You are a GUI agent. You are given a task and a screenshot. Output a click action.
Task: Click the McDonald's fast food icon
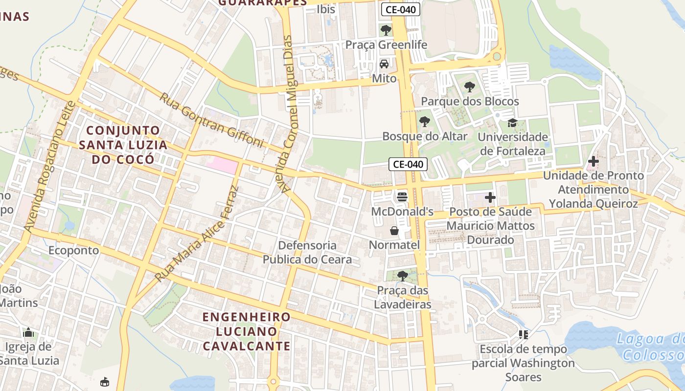(x=402, y=196)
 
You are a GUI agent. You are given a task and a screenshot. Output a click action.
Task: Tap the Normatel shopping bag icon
(x=394, y=230)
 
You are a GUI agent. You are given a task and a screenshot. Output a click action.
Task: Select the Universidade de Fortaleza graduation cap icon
(x=512, y=122)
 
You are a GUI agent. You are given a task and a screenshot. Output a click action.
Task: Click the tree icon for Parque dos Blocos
(x=469, y=87)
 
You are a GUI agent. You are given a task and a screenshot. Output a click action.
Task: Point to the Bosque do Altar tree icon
(x=425, y=122)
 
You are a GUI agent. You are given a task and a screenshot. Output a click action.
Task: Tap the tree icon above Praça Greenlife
(x=386, y=30)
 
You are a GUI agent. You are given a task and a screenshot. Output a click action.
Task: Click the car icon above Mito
(x=384, y=64)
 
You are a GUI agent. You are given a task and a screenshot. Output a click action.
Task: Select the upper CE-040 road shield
(x=401, y=9)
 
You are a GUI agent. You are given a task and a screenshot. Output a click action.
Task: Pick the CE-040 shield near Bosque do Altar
(x=408, y=164)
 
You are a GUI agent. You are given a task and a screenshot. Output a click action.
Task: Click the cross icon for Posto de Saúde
(x=490, y=197)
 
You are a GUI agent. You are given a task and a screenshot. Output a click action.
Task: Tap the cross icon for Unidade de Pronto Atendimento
(x=593, y=161)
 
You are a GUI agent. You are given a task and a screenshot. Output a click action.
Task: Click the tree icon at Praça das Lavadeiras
(x=402, y=276)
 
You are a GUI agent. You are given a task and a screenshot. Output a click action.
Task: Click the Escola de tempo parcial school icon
(x=524, y=335)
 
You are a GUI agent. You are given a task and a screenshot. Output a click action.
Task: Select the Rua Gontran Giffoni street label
(x=211, y=120)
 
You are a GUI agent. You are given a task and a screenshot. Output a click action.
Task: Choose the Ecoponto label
(x=73, y=250)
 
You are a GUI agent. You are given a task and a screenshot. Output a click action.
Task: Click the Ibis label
(x=326, y=9)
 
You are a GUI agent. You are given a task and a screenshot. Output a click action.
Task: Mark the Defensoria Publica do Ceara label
(x=307, y=252)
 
